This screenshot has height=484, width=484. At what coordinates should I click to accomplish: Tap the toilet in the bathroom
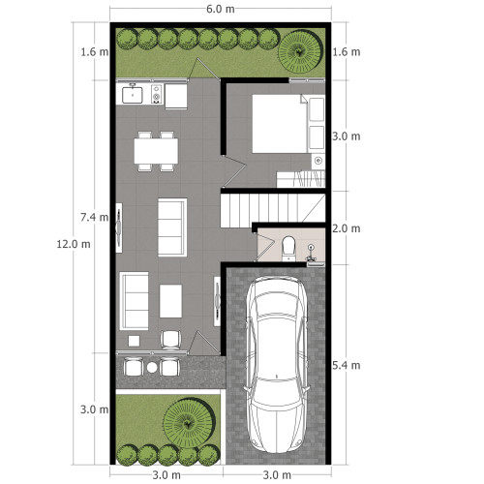[x=287, y=248]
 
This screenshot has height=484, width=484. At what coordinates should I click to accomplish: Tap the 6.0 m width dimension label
[x=220, y=9]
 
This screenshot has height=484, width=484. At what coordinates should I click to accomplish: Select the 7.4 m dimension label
[x=94, y=217]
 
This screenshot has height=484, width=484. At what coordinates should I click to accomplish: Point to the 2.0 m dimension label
[x=346, y=229]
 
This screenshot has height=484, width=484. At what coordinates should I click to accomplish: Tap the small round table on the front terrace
[x=151, y=368]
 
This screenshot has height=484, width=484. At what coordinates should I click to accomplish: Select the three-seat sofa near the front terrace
[x=134, y=301]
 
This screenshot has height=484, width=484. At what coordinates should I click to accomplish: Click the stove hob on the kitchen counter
[x=156, y=95]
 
